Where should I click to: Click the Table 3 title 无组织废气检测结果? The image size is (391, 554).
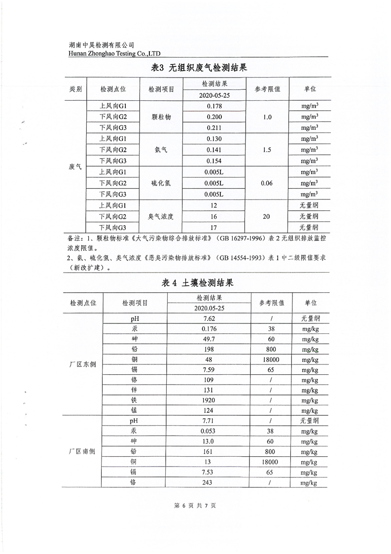coord(197,68)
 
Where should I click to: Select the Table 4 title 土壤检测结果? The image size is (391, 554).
coord(197,283)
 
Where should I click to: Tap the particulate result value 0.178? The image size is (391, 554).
coord(214,106)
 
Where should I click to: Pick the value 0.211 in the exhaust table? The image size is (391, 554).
coord(214,128)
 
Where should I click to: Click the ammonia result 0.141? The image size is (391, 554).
coord(214,150)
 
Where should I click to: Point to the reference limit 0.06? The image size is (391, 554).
coord(266,183)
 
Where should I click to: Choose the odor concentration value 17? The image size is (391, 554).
coord(214,228)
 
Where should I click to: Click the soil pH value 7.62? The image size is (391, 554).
coord(209,318)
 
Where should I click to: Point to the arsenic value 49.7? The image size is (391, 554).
coord(209,339)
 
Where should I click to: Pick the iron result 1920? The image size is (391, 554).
coord(209,400)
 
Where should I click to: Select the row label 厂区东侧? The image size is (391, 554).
coord(82,364)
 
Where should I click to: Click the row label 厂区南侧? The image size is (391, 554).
coord(82,451)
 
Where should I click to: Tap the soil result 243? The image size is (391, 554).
coord(209,482)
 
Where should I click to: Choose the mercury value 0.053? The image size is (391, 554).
coord(209,431)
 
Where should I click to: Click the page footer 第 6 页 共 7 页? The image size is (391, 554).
coord(196,506)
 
